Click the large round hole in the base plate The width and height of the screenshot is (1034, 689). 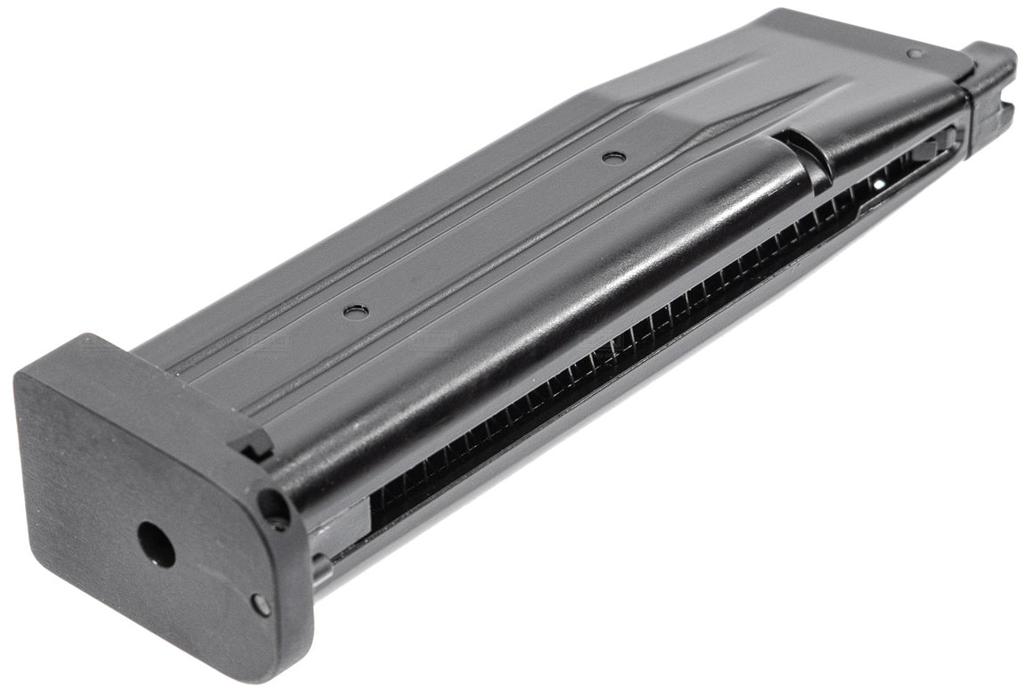coord(156,545)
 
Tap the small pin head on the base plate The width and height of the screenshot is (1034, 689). coord(260,603)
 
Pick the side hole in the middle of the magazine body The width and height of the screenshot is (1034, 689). coord(612,158)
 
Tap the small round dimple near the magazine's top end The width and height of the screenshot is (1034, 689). coord(914,53)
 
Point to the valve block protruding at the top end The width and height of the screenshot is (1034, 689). coord(991,89)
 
